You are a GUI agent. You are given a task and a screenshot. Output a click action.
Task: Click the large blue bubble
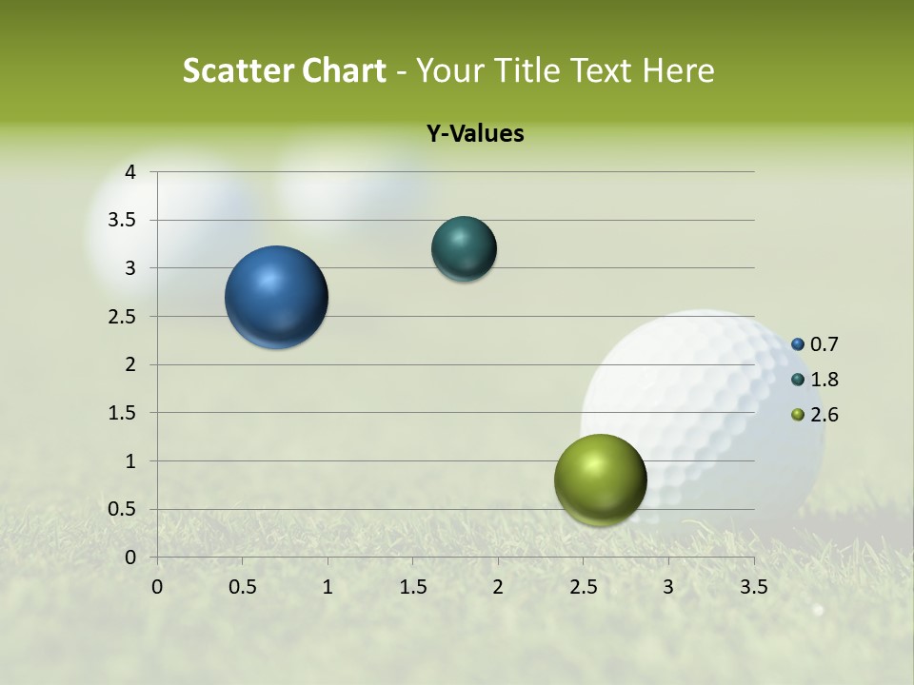tap(277, 297)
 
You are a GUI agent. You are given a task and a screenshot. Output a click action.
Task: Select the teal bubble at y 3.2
tap(464, 248)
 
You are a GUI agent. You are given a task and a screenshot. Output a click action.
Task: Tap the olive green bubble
tap(600, 479)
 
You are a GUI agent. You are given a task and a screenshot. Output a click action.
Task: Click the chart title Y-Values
tap(474, 134)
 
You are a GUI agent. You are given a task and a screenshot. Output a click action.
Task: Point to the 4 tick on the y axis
tap(130, 172)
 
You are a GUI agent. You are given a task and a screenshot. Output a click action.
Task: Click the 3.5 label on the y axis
tap(124, 221)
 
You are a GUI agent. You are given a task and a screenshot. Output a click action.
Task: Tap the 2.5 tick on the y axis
tap(124, 317)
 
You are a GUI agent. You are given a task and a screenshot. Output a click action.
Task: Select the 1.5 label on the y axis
tap(124, 413)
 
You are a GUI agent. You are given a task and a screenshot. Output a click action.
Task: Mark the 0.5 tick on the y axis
tap(124, 509)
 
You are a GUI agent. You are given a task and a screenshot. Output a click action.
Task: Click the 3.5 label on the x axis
tap(753, 585)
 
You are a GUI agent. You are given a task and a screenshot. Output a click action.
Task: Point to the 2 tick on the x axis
tap(497, 585)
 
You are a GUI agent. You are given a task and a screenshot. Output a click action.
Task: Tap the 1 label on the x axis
tap(328, 585)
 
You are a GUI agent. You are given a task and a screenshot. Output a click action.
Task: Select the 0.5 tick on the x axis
tap(242, 585)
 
